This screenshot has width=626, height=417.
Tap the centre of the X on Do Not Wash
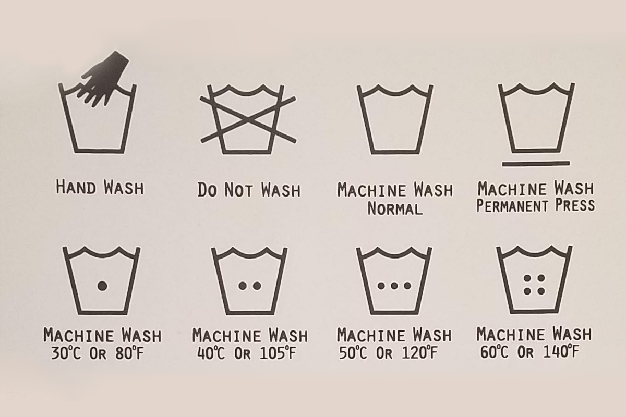pyautogui.click(x=248, y=120)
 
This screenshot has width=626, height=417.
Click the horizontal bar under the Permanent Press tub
pyautogui.click(x=536, y=163)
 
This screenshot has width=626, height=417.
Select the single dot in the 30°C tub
pyautogui.click(x=102, y=286)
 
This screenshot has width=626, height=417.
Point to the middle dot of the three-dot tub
pyautogui.click(x=394, y=286)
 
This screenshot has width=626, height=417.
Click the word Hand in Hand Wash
pyautogui.click(x=76, y=187)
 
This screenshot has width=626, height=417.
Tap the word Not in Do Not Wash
pyautogui.click(x=239, y=190)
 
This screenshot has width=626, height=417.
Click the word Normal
pyautogui.click(x=395, y=208)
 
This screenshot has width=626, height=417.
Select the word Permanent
pyautogui.click(x=512, y=206)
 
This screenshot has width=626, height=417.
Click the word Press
pyautogui.click(x=575, y=205)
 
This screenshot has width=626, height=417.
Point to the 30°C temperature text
pyautogui.click(x=66, y=353)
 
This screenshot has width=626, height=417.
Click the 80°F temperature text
pyautogui.click(x=129, y=353)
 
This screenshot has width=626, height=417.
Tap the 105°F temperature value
pyautogui.click(x=278, y=353)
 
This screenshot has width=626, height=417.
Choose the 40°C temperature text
pyautogui.click(x=211, y=353)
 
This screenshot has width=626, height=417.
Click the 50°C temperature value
pyautogui.click(x=353, y=353)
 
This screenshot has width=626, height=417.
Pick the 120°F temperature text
pyautogui.click(x=420, y=353)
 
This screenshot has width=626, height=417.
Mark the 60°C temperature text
pyautogui.click(x=495, y=352)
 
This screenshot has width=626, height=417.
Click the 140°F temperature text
pyautogui.click(x=561, y=352)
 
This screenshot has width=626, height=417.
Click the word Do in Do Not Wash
pyautogui.click(x=207, y=190)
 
